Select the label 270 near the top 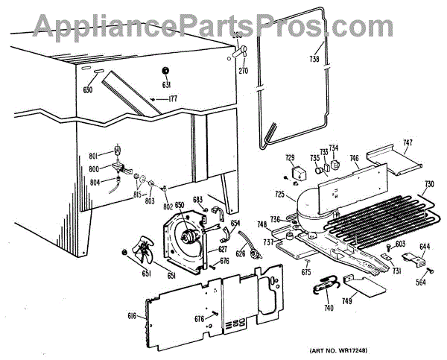coord(243,72)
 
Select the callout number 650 coord(180,224)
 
